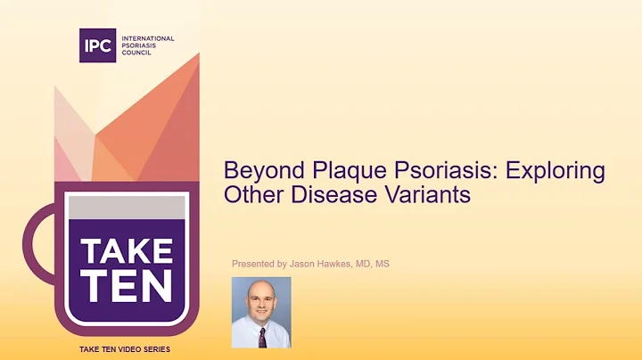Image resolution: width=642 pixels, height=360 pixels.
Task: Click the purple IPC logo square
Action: click(x=97, y=45)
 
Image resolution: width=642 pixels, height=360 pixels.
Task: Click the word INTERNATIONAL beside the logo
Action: click(x=148, y=39)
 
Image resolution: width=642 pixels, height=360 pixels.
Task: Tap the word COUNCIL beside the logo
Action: click(x=136, y=53)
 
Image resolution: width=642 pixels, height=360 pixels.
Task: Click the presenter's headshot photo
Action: click(x=261, y=311)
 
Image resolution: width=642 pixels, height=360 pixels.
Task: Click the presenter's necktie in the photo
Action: click(x=262, y=336)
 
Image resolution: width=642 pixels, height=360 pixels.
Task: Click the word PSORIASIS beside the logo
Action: click(x=138, y=46)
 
